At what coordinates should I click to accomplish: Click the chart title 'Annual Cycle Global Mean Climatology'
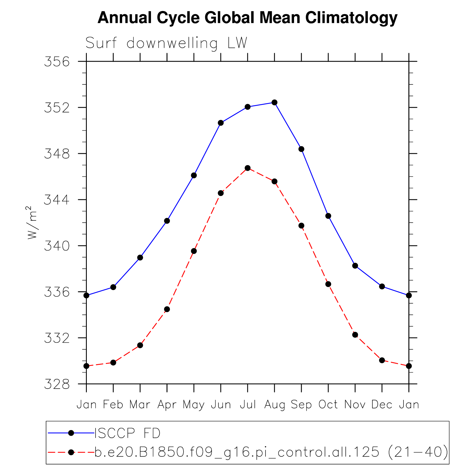(247, 18)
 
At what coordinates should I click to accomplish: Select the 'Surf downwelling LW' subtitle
(166, 43)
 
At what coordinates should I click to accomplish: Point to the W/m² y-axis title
(32, 223)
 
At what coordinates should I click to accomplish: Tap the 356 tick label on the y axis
(57, 62)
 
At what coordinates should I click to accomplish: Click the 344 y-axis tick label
(57, 200)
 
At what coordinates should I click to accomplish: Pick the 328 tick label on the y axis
(57, 384)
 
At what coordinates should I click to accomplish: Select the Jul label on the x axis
(248, 405)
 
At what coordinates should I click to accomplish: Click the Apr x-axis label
(167, 405)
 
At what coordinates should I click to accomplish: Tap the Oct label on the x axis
(328, 405)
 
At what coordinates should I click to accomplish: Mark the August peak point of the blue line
(274, 102)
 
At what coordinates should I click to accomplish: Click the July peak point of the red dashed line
(248, 168)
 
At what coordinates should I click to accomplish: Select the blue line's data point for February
(113, 287)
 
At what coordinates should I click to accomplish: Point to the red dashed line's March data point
(140, 345)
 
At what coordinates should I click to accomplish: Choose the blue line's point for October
(328, 216)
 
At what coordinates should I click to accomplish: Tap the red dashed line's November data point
(355, 335)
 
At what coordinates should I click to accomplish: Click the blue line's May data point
(194, 175)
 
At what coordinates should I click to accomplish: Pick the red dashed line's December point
(382, 360)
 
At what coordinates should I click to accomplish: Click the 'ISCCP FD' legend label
(127, 433)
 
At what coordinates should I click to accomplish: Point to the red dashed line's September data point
(301, 226)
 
